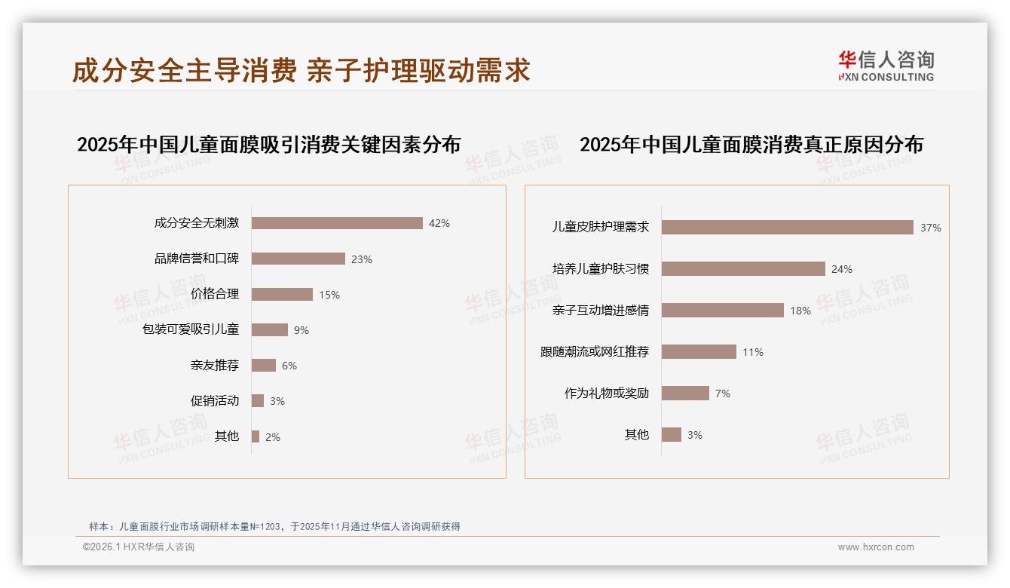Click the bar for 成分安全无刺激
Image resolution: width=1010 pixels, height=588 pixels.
tap(337, 223)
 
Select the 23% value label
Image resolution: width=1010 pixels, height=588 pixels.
tap(362, 259)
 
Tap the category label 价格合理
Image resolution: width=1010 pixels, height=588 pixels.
tap(215, 294)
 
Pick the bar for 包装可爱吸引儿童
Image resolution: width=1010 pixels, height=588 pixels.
tap(270, 329)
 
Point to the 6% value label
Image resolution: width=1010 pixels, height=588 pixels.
tap(289, 366)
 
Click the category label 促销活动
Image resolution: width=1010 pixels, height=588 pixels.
tap(215, 401)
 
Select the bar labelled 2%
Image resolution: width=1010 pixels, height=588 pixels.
tap(256, 436)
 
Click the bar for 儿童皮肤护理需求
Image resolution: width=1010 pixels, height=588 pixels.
tap(788, 227)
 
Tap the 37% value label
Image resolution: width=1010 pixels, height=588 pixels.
tap(931, 228)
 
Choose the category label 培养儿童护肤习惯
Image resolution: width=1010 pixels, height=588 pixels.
tap(601, 269)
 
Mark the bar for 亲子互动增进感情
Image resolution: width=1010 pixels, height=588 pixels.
tap(723, 310)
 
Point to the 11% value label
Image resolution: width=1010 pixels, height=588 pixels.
tap(753, 352)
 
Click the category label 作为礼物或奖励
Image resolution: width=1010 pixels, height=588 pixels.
tap(607, 394)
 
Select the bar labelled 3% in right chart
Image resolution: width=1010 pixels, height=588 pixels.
tap(672, 434)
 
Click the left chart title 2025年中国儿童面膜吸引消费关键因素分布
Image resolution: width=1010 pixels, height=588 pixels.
tap(269, 144)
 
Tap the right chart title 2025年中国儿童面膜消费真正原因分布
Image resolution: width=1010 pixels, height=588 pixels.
tap(751, 144)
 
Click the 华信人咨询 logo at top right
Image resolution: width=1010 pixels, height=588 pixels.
tap(886, 66)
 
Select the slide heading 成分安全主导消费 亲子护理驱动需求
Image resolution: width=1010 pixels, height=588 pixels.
tap(301, 70)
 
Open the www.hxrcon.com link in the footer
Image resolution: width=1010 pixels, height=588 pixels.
tap(876, 547)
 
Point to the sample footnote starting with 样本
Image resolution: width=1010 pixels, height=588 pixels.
tap(274, 527)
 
